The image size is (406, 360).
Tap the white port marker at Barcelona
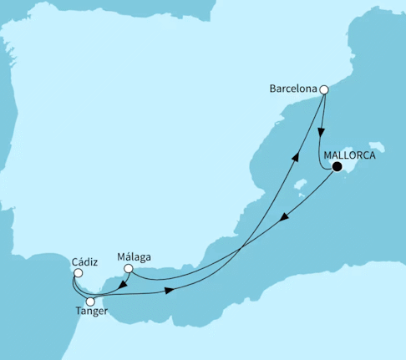[325, 89]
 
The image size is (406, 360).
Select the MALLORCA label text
[349, 155]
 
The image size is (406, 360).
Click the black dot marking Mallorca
[337, 167]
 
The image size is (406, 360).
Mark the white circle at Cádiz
[77, 271]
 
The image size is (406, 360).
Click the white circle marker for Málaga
[128, 269]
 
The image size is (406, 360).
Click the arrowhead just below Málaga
[123, 284]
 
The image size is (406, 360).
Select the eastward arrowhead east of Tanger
[170, 291]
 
